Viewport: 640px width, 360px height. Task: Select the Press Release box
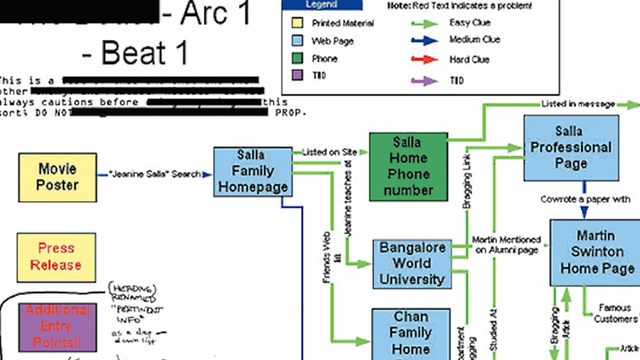pyautogui.click(x=58, y=257)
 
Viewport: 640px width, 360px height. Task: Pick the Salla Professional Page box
pyautogui.click(x=570, y=147)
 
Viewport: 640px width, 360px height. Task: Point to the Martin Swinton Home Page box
pyautogui.click(x=594, y=253)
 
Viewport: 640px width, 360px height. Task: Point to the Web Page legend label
pyautogui.click(x=333, y=40)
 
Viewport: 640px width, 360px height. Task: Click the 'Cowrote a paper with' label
pyautogui.click(x=585, y=200)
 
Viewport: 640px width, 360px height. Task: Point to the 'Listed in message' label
pyautogui.click(x=578, y=104)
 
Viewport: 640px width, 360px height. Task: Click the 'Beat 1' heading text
pyautogui.click(x=134, y=53)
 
